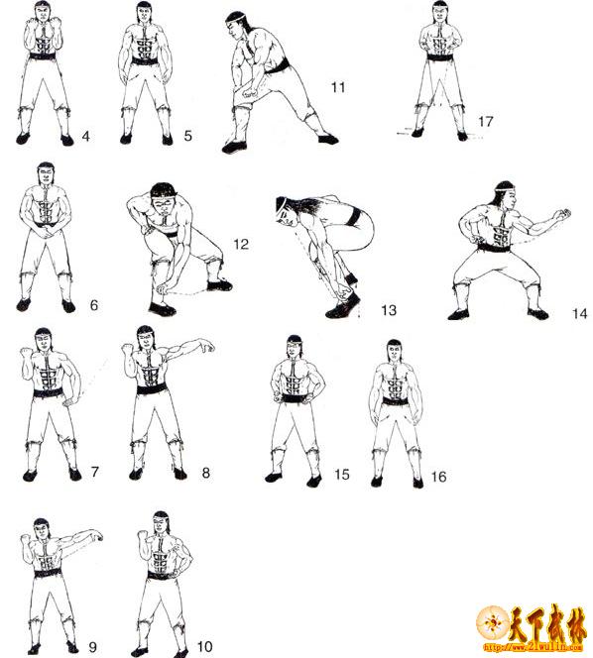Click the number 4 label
[86, 137]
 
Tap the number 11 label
[338, 87]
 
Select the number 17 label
[486, 121]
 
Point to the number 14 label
[580, 313]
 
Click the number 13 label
[389, 310]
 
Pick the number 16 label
[438, 477]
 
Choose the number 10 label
[205, 646]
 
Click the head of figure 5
[143, 13]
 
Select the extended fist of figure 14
[562, 214]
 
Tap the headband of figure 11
[235, 18]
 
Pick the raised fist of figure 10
[144, 535]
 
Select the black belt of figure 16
[396, 401]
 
